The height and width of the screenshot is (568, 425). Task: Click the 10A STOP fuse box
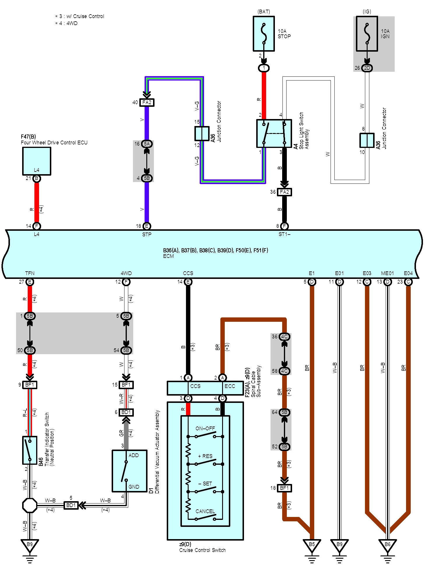tap(264, 34)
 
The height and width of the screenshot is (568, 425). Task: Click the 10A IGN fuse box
tap(367, 34)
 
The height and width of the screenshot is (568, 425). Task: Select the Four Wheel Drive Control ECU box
tap(36, 161)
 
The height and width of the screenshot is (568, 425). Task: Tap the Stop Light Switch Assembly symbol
tap(274, 133)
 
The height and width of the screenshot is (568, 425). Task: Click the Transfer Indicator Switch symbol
tap(29, 450)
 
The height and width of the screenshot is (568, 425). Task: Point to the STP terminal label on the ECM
tap(147, 235)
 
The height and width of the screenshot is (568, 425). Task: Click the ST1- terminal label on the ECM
tap(284, 235)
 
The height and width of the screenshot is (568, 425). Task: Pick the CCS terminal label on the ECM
tap(188, 273)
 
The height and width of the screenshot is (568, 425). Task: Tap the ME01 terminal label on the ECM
tap(387, 273)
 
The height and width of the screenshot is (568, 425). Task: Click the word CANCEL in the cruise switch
tap(205, 511)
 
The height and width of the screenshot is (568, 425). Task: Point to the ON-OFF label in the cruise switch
tap(205, 429)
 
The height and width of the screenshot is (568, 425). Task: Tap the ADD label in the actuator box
tap(134, 455)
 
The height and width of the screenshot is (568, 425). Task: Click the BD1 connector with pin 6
tap(126, 412)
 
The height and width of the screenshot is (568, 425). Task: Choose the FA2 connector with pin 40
tap(147, 102)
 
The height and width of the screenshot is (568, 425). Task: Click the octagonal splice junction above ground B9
tap(30, 505)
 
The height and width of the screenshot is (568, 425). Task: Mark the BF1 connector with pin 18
tap(284, 488)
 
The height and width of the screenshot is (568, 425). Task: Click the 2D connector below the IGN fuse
tap(367, 68)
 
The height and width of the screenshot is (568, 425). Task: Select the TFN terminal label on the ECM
tap(30, 273)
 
